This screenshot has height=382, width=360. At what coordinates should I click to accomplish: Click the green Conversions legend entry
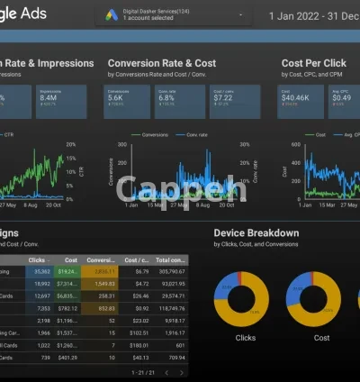(149, 135)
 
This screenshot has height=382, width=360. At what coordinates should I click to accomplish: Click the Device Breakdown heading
(256, 233)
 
